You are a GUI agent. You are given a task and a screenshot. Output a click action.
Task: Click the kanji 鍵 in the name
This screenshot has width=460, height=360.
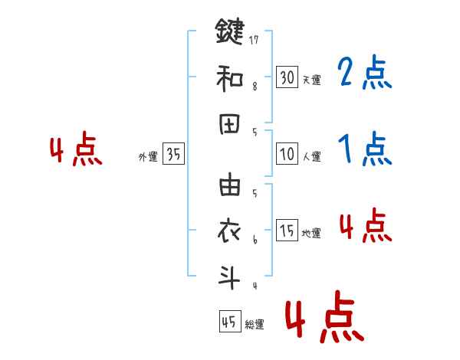[229, 32]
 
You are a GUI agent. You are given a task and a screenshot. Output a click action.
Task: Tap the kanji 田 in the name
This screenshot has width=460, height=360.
[229, 125]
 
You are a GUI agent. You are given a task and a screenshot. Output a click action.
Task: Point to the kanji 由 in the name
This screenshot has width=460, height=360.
[229, 186]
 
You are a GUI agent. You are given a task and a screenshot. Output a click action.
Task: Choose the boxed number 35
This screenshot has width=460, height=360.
[174, 155]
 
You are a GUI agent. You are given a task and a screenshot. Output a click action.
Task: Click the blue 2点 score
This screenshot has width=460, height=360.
[364, 75]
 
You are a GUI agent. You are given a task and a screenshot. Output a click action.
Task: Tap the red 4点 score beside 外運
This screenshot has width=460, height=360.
[76, 151]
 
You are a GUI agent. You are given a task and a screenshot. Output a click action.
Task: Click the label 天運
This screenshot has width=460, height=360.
[311, 80]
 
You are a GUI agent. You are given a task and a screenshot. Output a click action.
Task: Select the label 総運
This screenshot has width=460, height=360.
[255, 325]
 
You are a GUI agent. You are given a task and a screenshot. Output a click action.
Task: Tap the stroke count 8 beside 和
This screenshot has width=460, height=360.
[255, 87]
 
